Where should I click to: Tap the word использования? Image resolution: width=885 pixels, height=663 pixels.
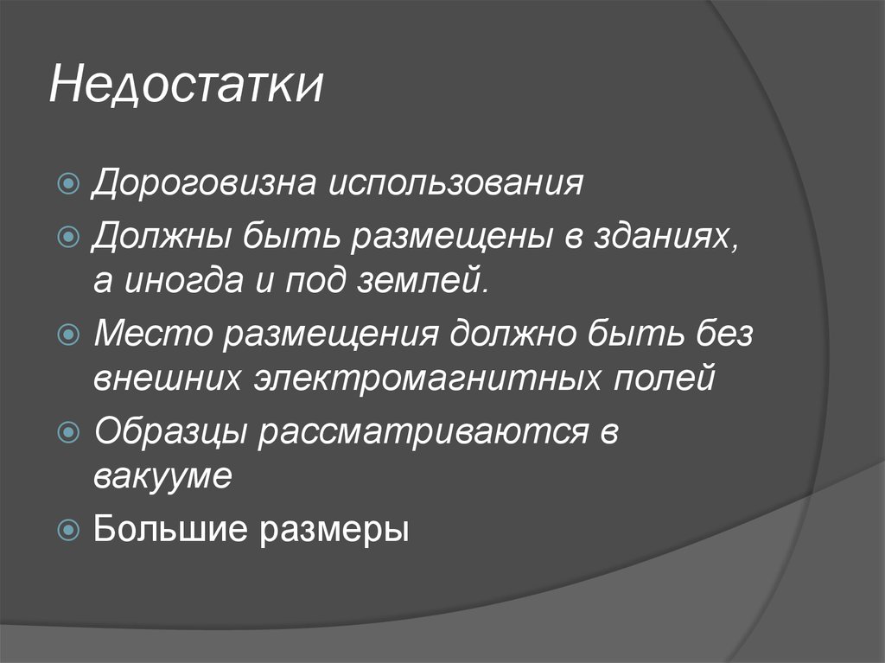(x=455, y=184)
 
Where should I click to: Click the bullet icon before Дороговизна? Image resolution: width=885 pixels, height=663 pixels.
(x=72, y=185)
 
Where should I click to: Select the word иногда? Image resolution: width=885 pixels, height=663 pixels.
(x=194, y=282)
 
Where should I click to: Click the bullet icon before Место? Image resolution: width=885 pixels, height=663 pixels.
(x=72, y=335)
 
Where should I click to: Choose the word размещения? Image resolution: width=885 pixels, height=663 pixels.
(x=332, y=335)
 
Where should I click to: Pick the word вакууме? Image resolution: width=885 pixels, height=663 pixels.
(x=163, y=477)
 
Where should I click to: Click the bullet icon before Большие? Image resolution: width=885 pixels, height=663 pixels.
(x=72, y=529)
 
